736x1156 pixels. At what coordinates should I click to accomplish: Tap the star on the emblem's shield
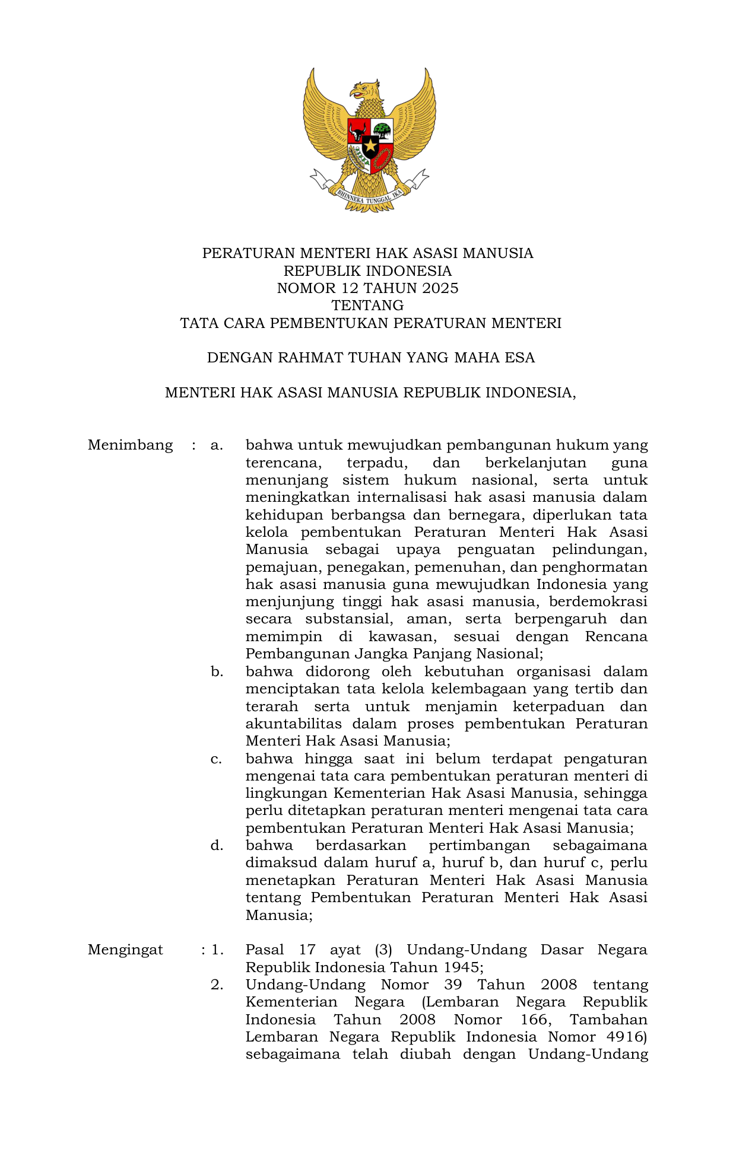click(x=370, y=145)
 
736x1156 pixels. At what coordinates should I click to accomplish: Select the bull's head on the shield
click(x=358, y=131)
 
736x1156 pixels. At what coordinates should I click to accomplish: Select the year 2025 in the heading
click(x=440, y=288)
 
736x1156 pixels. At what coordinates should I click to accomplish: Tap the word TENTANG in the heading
click(x=367, y=305)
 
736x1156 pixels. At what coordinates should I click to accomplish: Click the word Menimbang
click(x=130, y=445)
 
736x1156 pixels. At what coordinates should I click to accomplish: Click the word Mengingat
click(x=125, y=950)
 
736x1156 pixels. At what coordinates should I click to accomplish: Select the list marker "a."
click(x=217, y=445)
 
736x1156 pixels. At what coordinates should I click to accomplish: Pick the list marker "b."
click(x=217, y=671)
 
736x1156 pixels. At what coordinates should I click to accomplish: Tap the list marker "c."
click(x=217, y=759)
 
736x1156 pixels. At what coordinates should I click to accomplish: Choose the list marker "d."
click(x=217, y=845)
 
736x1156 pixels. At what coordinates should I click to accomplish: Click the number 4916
click(x=627, y=1037)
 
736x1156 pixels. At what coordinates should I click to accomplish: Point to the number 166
click(x=536, y=1020)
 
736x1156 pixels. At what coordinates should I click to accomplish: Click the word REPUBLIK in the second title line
click(x=317, y=271)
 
